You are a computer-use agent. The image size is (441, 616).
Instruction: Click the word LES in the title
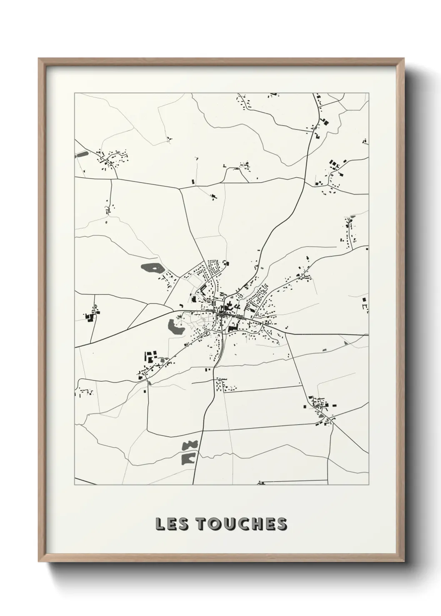(x=172, y=524)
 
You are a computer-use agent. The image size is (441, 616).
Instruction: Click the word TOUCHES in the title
(x=241, y=524)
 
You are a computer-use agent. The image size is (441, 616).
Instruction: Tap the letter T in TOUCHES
(x=203, y=524)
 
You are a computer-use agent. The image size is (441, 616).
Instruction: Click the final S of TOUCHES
(x=281, y=524)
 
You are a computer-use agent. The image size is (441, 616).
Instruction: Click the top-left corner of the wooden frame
(x=39, y=59)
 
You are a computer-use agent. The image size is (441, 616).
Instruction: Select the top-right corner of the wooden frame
(x=403, y=59)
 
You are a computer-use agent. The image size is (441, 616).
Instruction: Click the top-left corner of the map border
(x=75, y=93)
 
